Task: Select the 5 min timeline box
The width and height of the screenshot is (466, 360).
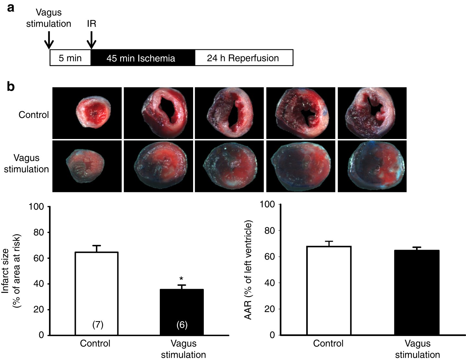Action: (70, 58)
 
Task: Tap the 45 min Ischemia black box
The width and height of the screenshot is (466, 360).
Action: (141, 58)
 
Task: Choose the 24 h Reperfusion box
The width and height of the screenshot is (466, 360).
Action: (243, 58)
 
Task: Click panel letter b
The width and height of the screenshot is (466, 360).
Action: (11, 87)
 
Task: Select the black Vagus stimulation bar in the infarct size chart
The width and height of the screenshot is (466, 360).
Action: (181, 311)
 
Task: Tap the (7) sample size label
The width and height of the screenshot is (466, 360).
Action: (98, 325)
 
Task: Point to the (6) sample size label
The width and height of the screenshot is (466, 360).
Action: (182, 325)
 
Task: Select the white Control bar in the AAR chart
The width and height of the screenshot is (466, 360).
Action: (329, 290)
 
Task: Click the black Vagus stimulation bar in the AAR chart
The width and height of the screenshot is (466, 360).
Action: (417, 292)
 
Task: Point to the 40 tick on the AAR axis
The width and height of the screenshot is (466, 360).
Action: (270, 283)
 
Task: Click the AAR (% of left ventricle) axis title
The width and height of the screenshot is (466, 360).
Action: (248, 270)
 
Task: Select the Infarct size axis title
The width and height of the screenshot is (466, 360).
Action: (11, 271)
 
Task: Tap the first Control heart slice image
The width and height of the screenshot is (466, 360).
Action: (87, 113)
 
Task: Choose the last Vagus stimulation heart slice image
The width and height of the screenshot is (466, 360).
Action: (372, 166)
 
